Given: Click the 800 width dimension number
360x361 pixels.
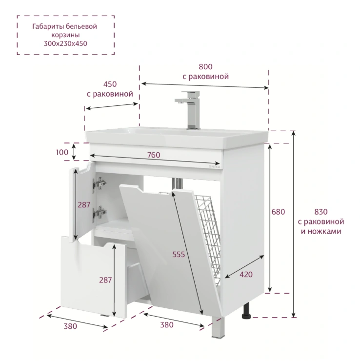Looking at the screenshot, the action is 205,67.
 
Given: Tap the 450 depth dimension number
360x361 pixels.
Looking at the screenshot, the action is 110,84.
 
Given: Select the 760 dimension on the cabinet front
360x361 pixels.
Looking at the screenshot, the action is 154,155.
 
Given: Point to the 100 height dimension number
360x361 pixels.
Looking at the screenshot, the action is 62,152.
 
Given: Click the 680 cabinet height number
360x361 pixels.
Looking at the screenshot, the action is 278,212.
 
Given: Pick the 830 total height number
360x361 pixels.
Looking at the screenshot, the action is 321,212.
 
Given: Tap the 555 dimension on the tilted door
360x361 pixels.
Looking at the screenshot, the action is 179,254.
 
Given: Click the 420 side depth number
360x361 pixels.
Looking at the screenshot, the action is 246,275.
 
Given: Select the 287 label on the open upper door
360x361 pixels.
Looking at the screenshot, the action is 84,205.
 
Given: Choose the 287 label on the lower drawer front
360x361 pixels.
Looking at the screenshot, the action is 105,280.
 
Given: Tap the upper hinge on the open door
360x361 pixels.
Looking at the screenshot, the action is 100,183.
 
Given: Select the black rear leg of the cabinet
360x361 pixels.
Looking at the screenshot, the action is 246,311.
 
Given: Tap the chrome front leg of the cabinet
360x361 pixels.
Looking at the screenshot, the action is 218,327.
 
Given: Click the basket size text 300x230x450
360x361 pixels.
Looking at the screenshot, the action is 65,43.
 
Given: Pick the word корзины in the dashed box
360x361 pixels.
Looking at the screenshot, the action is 65,35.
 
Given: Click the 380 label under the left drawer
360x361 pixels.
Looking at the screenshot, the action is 70,326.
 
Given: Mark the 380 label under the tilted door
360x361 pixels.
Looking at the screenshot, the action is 167,325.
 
